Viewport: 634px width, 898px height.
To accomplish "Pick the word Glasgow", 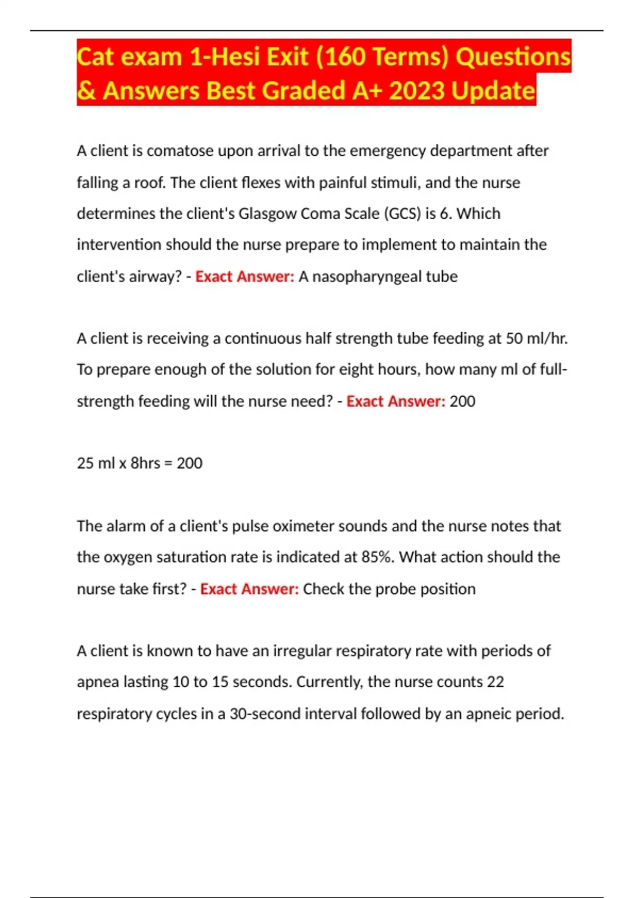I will tap(267, 213).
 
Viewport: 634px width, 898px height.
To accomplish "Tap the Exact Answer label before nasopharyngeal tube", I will tap(245, 276).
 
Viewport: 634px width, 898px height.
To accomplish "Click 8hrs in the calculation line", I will tap(145, 463).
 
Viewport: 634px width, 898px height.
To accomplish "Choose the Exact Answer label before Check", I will tap(249, 588).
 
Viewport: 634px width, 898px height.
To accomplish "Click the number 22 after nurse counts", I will tap(495, 682).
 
